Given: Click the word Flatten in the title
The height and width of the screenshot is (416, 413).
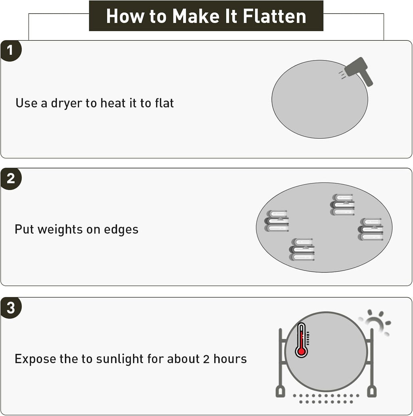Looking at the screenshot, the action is click(x=274, y=16).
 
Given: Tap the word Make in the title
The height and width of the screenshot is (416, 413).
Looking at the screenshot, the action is click(x=196, y=16).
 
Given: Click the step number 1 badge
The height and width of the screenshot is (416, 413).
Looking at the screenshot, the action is click(x=10, y=51).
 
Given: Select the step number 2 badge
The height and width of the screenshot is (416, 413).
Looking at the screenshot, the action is click(x=10, y=179).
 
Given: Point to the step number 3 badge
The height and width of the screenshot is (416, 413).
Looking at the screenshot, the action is click(x=10, y=308).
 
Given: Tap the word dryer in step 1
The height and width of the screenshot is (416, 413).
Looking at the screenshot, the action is click(x=67, y=103).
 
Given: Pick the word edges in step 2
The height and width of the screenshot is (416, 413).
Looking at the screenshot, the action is click(x=121, y=230).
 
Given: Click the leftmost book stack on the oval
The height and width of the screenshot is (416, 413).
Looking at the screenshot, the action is click(x=277, y=221).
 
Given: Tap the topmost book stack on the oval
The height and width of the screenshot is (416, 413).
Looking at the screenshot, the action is click(x=342, y=204).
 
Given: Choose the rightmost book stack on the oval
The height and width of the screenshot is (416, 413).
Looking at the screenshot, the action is click(x=371, y=229).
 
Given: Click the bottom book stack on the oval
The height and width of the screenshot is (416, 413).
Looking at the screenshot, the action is click(x=302, y=250).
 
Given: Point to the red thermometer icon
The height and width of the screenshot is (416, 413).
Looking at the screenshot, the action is click(x=302, y=340).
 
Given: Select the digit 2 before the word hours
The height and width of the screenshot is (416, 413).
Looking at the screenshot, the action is click(x=206, y=359).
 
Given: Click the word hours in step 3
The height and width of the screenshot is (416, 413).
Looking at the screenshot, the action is click(x=230, y=359).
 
